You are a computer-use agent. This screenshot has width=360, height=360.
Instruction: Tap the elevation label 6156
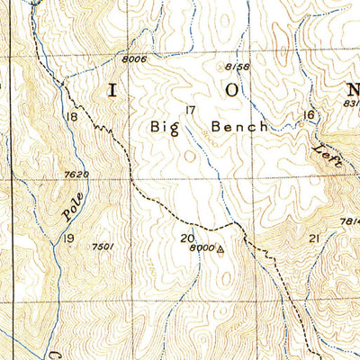(237, 67)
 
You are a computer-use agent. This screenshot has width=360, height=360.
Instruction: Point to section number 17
(189, 111)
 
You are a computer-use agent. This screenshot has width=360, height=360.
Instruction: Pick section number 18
(71, 117)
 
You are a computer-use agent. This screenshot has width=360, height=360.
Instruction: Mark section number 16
(309, 114)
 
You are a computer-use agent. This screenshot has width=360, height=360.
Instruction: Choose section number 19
(68, 238)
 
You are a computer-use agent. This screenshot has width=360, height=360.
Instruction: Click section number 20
(187, 238)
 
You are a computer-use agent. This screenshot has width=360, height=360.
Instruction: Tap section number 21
(314, 238)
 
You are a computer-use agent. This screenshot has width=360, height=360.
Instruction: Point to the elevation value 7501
(103, 246)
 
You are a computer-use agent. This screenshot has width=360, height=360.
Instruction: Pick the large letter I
(113, 90)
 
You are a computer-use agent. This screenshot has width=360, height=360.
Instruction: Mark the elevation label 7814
(349, 222)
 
